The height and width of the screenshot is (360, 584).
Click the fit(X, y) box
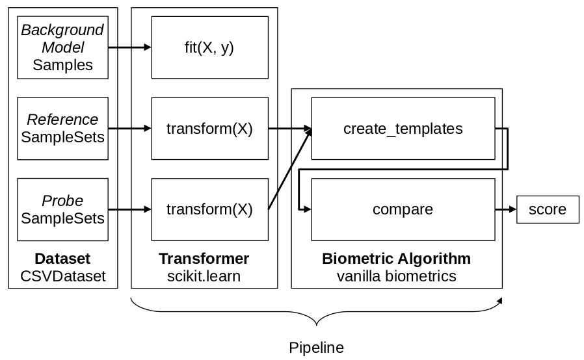pyautogui.click(x=209, y=47)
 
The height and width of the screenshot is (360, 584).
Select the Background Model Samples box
pyautogui.click(x=62, y=47)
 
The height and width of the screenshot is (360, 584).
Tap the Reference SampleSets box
pyautogui.click(x=62, y=129)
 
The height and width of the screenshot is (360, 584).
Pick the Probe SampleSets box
pyautogui.click(x=62, y=209)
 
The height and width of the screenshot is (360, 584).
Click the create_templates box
pyautogui.click(x=403, y=129)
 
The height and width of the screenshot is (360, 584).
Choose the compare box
pyautogui.click(x=403, y=209)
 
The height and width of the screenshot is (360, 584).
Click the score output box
pyautogui.click(x=547, y=209)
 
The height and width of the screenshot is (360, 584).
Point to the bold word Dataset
pyautogui.click(x=62, y=259)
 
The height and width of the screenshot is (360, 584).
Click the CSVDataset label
pyautogui.click(x=62, y=276)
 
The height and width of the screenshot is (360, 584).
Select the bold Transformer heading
pyautogui.click(x=204, y=259)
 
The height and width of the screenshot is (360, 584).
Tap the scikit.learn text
pyautogui.click(x=204, y=276)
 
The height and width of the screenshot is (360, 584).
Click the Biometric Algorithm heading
pyautogui.click(x=396, y=259)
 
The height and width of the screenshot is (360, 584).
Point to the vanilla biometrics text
pyautogui.click(x=396, y=276)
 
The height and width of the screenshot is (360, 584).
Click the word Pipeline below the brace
pyautogui.click(x=316, y=347)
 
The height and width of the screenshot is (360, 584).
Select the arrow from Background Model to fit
pyautogui.click(x=129, y=47)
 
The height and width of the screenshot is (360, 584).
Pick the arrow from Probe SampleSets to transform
pyautogui.click(x=129, y=209)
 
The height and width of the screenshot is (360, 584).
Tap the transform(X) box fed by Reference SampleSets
pyautogui.click(x=209, y=129)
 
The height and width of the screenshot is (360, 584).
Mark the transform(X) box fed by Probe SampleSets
pyautogui.click(x=209, y=209)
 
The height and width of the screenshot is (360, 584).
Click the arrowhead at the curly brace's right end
pyautogui.click(x=499, y=300)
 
